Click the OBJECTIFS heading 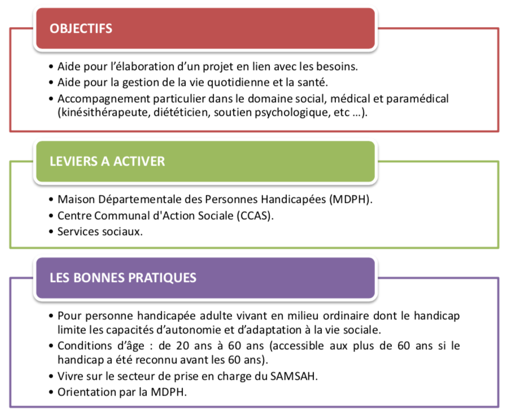coord(81,28)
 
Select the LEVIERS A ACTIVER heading coord(107,161)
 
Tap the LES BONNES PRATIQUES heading coord(123,278)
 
